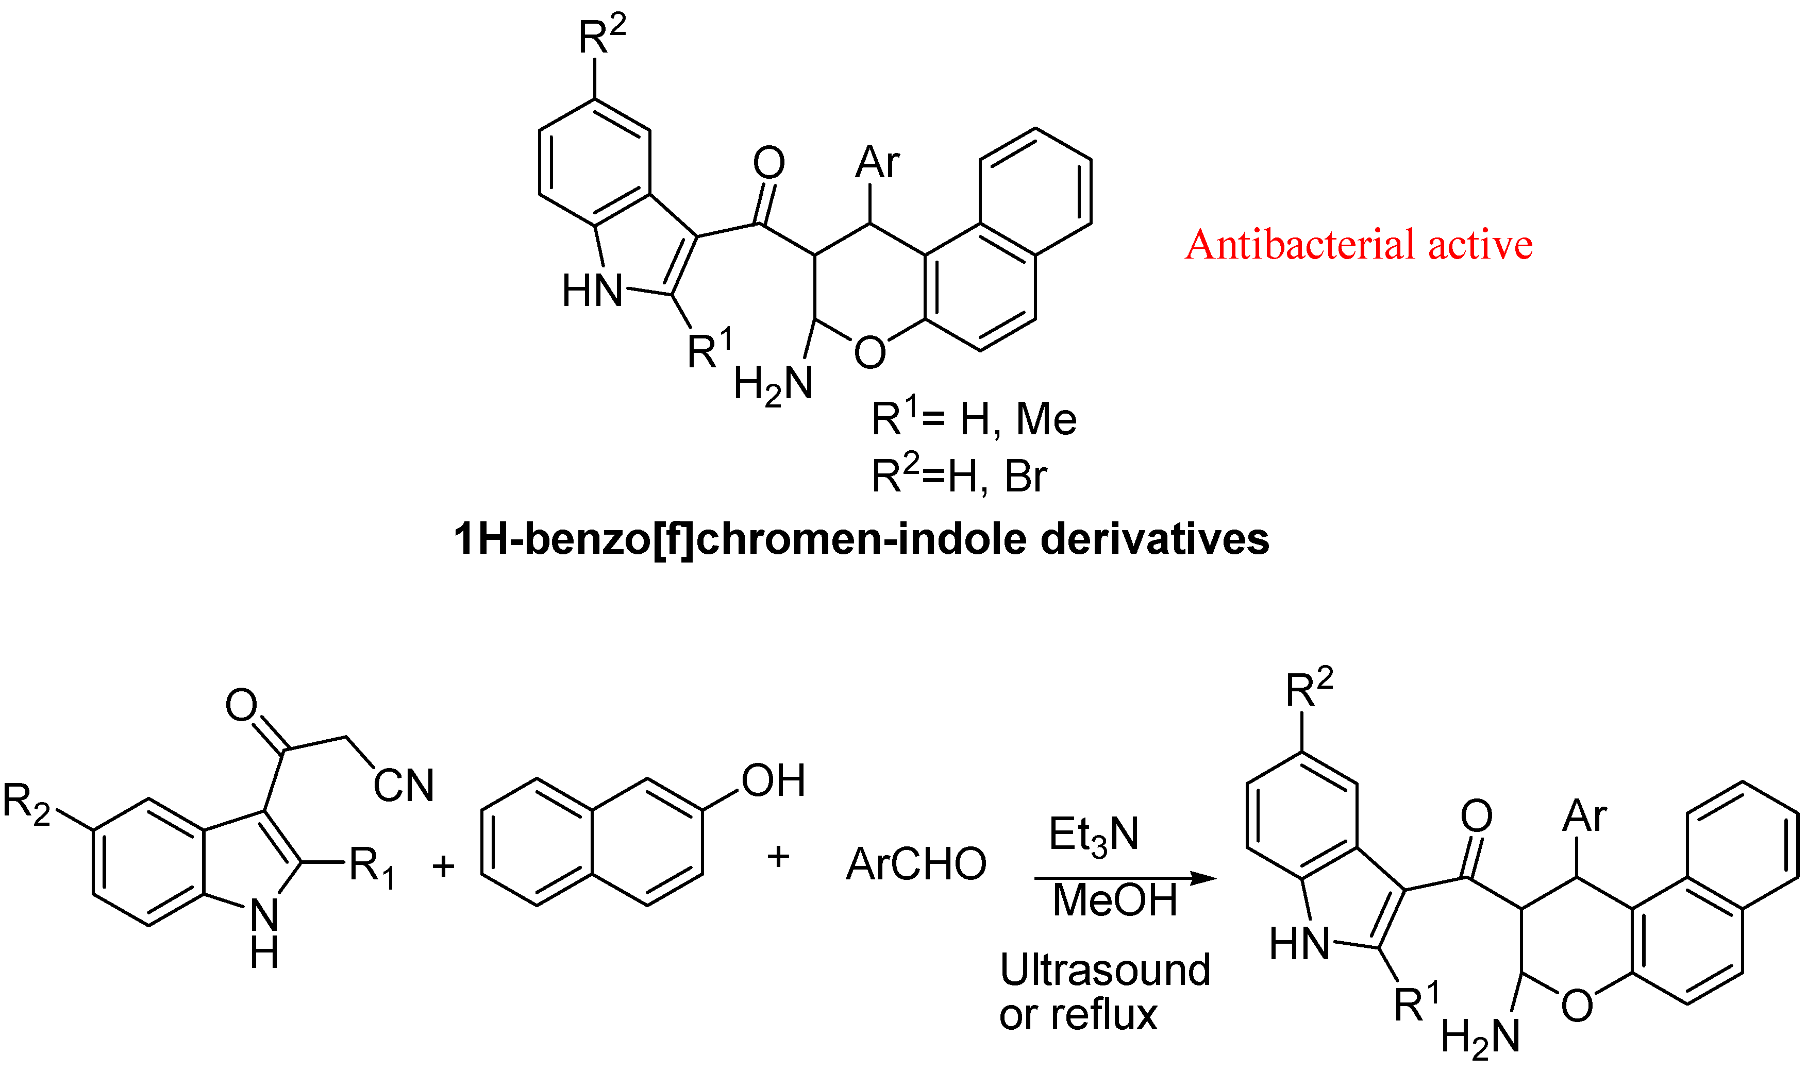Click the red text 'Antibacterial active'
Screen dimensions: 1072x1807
pyautogui.click(x=1358, y=244)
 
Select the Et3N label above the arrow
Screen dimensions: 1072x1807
pyautogui.click(x=1093, y=835)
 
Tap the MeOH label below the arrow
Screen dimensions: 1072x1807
pyautogui.click(x=1115, y=900)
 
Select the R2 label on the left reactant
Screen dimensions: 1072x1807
pyautogui.click(x=27, y=803)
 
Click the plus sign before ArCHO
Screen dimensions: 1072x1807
pyautogui.click(x=778, y=857)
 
